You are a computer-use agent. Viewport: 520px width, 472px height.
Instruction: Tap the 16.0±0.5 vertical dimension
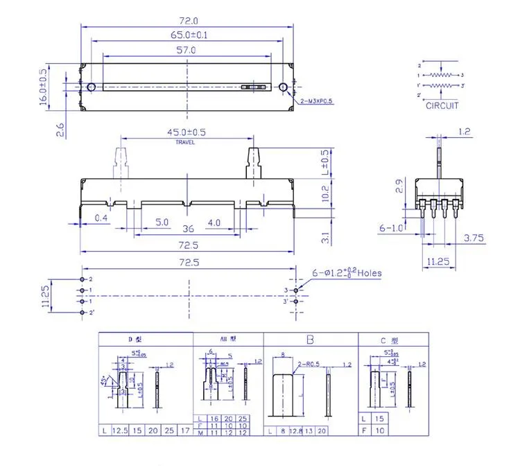(x=44, y=87)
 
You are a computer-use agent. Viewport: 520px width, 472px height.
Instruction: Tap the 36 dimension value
(x=187, y=229)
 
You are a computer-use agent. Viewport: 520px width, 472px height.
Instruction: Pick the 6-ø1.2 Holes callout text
(x=345, y=273)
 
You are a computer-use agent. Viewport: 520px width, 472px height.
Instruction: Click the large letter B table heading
(x=310, y=340)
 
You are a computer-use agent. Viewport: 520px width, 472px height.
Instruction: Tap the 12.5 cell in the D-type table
(x=119, y=431)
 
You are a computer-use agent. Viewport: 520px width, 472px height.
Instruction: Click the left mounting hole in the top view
(x=92, y=87)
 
